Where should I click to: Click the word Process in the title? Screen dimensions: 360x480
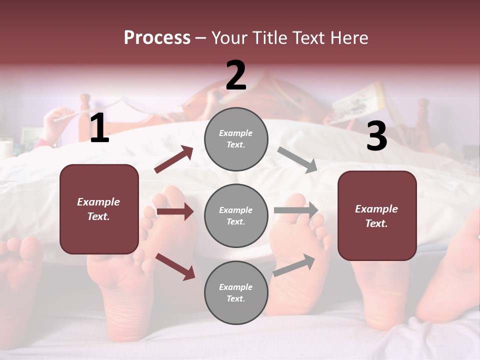click(x=157, y=38)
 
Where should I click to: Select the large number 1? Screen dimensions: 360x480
click(x=99, y=128)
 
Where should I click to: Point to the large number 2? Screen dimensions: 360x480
click(x=236, y=75)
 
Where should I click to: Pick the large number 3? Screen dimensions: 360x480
click(x=376, y=136)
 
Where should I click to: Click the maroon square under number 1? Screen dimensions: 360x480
click(x=99, y=209)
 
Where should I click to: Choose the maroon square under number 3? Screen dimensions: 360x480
click(x=377, y=216)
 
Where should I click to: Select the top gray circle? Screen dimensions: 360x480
click(x=236, y=138)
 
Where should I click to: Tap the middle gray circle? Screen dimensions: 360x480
click(x=236, y=215)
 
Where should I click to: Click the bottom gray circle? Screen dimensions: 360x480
click(x=236, y=292)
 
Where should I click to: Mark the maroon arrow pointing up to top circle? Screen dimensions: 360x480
click(x=174, y=159)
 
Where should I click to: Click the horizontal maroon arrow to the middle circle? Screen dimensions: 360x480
click(x=175, y=211)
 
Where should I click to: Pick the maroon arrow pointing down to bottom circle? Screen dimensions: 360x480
click(x=175, y=266)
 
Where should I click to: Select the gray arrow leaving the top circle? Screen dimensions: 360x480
click(x=297, y=160)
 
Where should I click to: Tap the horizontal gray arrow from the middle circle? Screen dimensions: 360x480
click(x=296, y=210)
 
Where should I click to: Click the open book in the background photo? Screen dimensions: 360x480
click(x=357, y=102)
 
